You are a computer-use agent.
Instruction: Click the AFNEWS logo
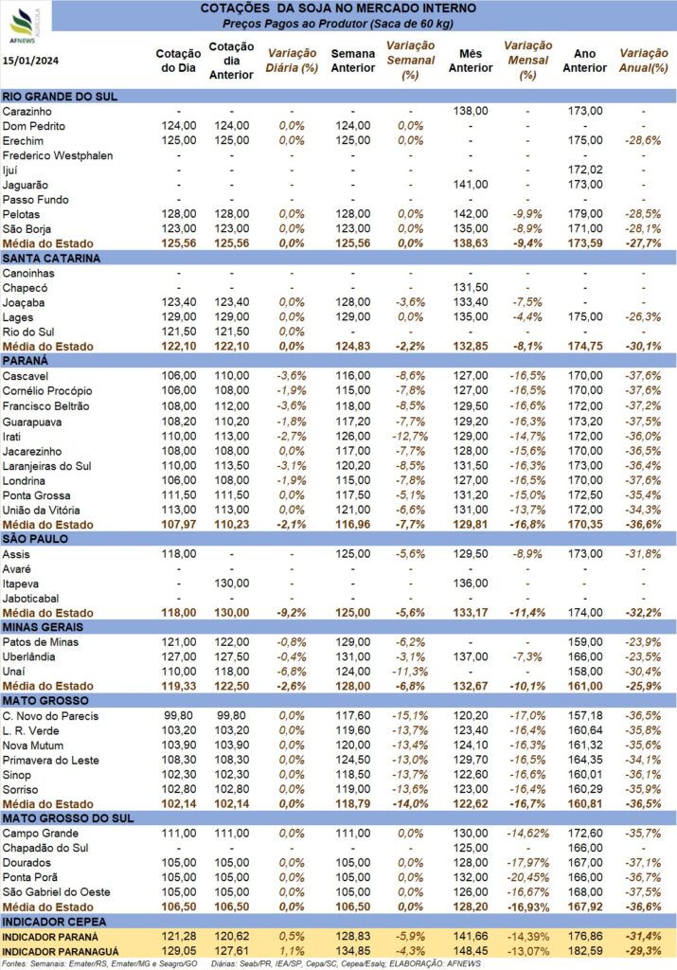point(25,26)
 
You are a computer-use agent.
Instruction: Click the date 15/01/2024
point(31,61)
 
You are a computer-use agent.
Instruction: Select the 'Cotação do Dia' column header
point(178,61)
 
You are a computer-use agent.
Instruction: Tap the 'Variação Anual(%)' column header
point(644,61)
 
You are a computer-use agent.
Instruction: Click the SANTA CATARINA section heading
point(51,258)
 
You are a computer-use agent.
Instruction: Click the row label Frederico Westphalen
point(58,155)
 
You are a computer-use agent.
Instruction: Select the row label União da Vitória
point(41,511)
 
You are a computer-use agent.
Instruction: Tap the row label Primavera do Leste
point(51,761)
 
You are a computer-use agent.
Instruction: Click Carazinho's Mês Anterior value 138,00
point(471,112)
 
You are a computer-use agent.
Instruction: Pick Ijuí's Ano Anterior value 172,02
point(585,170)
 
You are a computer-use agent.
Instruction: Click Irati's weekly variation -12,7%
point(410,436)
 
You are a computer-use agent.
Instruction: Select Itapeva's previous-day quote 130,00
point(232,584)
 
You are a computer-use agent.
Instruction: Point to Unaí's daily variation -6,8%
point(292,672)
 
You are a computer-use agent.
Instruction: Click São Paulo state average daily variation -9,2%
point(292,613)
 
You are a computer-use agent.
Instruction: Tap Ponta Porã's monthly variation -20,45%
point(527,877)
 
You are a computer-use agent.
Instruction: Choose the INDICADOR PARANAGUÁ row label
point(61,952)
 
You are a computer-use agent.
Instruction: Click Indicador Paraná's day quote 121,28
point(179,937)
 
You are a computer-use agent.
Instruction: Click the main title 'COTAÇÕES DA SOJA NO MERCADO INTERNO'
point(338,9)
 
